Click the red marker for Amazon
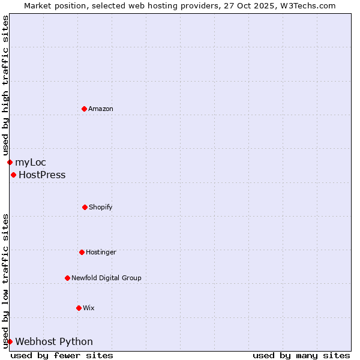(x=84, y=109)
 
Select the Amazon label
(x=101, y=109)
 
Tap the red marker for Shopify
(x=85, y=207)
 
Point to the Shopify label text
(x=101, y=207)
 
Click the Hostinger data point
(x=82, y=252)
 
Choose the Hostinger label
(x=101, y=252)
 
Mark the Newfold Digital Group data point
(x=67, y=278)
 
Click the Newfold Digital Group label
(x=106, y=278)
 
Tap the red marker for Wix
(x=79, y=308)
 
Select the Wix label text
(x=89, y=308)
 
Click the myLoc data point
(x=10, y=162)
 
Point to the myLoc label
(x=31, y=162)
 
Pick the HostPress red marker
(x=13, y=175)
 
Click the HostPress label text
(x=42, y=175)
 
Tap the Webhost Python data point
(x=10, y=341)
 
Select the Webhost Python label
(x=54, y=342)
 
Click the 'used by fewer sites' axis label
(x=62, y=355)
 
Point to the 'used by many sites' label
(x=301, y=355)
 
